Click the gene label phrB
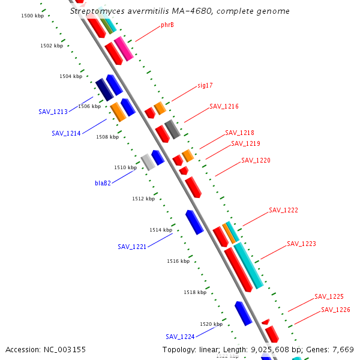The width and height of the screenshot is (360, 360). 167,25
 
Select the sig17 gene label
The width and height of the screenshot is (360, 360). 205,85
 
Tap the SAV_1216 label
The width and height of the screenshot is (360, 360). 224,106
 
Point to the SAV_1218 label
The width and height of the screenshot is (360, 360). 239,133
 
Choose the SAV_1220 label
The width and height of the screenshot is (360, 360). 256,160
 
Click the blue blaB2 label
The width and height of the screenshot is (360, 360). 103,183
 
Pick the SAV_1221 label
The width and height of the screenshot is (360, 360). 132,247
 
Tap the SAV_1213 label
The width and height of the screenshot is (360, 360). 53,112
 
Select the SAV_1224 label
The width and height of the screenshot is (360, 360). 180,337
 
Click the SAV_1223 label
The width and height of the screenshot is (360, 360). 301,244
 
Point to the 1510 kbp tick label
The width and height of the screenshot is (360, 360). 125,167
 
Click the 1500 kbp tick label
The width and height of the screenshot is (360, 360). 31,15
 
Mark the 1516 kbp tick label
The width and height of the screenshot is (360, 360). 178,261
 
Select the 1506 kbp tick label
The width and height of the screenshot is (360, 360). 89,106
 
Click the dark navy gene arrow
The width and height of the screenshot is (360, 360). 104,89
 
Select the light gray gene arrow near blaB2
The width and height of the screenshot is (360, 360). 148,161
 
